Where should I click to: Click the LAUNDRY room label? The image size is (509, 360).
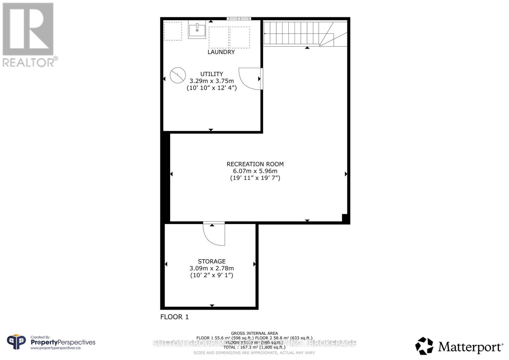(x=221, y=52)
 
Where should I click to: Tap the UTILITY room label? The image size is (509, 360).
(x=212, y=74)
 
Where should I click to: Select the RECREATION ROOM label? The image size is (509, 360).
(x=255, y=164)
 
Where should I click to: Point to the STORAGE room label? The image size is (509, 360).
(x=212, y=261)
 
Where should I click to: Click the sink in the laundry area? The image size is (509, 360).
(x=197, y=30)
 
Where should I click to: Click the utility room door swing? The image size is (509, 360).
(x=250, y=78)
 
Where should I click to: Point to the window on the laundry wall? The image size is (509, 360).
(x=239, y=19)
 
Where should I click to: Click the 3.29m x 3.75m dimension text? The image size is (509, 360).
(x=212, y=81)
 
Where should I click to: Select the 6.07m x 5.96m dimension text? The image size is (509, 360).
(x=255, y=171)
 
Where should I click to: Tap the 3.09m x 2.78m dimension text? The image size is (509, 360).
(x=212, y=268)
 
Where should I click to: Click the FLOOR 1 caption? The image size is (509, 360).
(x=174, y=317)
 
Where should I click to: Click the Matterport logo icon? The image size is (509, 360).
(x=424, y=346)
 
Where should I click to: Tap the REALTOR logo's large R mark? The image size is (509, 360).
(x=28, y=29)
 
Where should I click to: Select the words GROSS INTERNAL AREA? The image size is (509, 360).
(x=254, y=333)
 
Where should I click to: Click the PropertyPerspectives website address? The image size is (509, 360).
(x=55, y=348)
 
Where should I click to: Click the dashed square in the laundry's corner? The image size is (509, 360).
(x=173, y=31)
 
